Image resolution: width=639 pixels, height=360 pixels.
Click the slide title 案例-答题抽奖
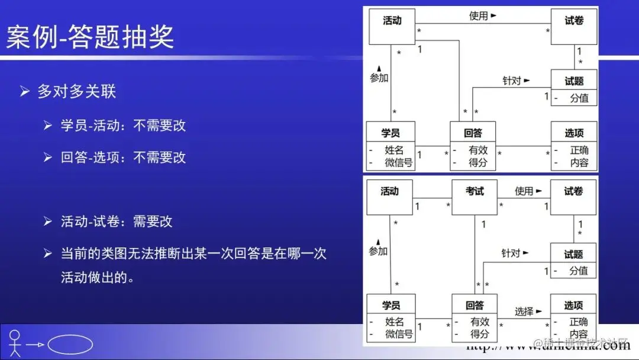pyautogui.click(x=91, y=36)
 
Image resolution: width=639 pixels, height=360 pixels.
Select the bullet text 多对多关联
pyautogui.click(x=76, y=91)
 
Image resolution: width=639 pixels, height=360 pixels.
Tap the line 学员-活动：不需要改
pyautogui.click(x=123, y=125)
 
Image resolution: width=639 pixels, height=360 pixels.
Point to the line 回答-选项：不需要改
pyautogui.click(x=123, y=157)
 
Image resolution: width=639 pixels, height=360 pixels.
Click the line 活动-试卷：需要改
pyautogui.click(x=117, y=221)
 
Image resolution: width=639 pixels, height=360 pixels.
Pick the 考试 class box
pyautogui.click(x=475, y=197)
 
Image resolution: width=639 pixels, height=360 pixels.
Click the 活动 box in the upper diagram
pyautogui.click(x=392, y=27)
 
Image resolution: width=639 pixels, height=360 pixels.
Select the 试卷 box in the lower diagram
pyautogui.click(x=573, y=197)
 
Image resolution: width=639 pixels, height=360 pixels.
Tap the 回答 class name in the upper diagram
pyautogui.click(x=473, y=133)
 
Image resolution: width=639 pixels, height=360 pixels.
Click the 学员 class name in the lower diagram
pyautogui.click(x=390, y=305)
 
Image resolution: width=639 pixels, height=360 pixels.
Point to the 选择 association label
pyautogui.click(x=524, y=311)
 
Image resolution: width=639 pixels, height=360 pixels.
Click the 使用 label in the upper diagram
pyautogui.click(x=479, y=16)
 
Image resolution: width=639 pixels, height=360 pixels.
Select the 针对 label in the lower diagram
pyautogui.click(x=511, y=253)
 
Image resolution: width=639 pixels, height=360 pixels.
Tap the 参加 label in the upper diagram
pyautogui.click(x=379, y=78)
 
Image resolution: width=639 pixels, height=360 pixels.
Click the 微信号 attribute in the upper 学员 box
pyautogui.click(x=398, y=163)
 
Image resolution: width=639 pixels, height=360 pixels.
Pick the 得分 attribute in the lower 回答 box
pyautogui.click(x=479, y=334)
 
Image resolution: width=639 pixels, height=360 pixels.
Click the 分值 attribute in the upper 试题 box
pyautogui.click(x=579, y=98)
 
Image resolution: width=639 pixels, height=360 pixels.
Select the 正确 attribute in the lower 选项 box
pyautogui.click(x=578, y=322)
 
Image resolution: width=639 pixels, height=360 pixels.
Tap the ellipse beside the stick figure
pyautogui.click(x=70, y=345)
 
